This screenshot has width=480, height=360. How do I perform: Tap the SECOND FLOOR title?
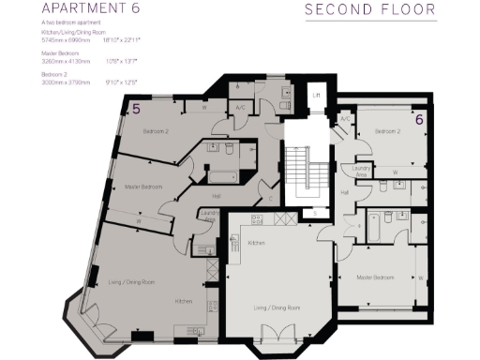(x=370, y=11)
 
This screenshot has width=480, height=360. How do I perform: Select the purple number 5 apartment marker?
(x=136, y=109)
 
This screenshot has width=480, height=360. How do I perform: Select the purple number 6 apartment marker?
(x=419, y=119)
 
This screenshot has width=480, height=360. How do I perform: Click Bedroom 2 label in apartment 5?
(x=156, y=132)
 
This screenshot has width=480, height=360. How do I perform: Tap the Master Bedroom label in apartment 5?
(x=143, y=187)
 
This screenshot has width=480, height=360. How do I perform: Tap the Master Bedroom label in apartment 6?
(x=374, y=277)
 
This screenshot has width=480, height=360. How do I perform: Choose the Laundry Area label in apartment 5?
(x=209, y=217)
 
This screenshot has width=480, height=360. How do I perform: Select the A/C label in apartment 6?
(x=345, y=119)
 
